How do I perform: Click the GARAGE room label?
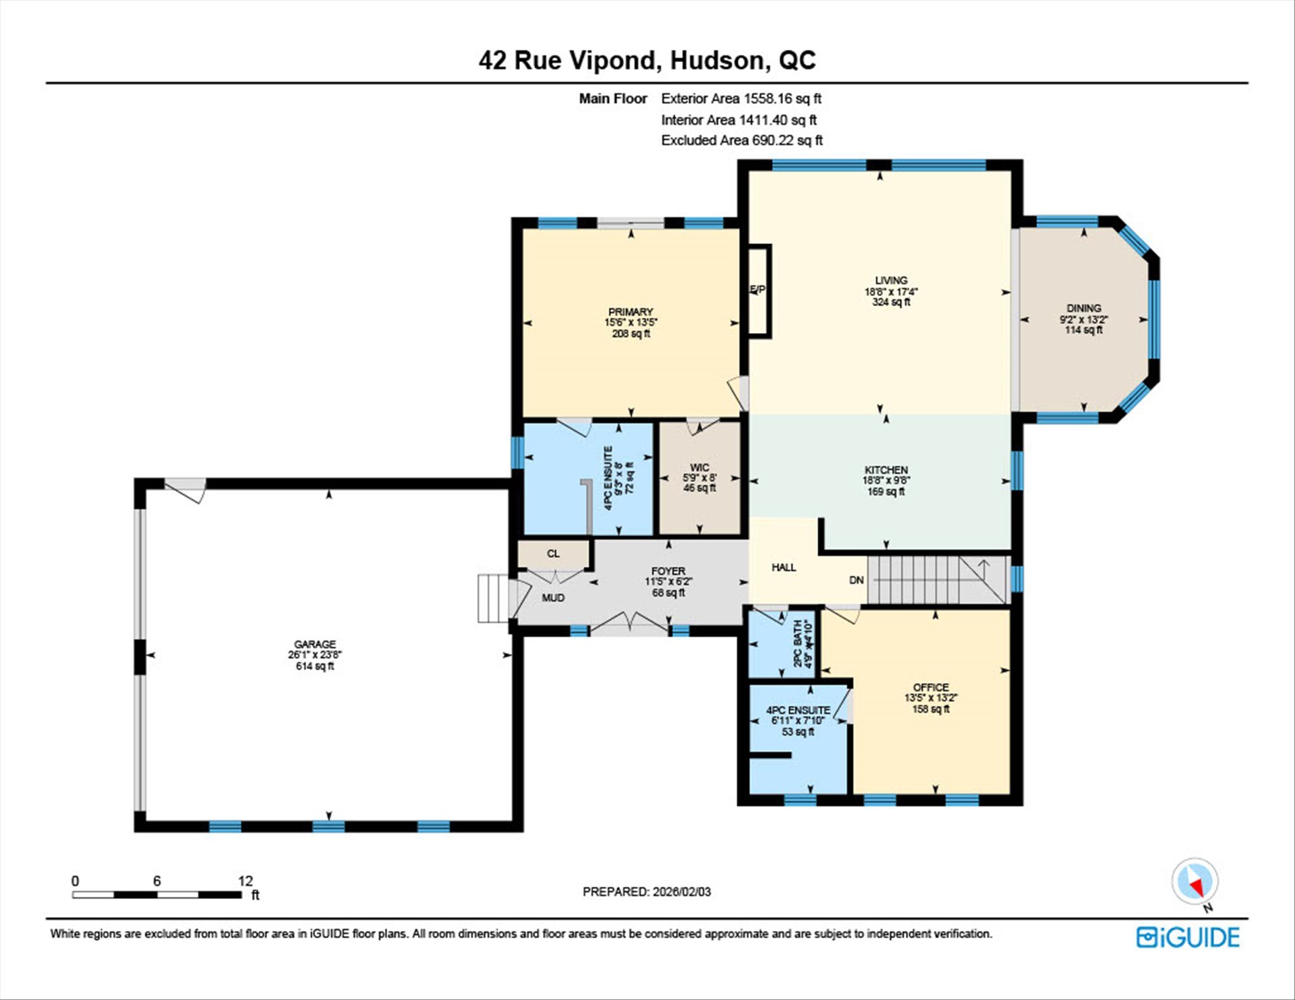tap(314, 644)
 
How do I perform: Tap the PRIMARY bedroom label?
tap(631, 312)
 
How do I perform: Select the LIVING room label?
tap(891, 280)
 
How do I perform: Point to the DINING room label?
tap(1084, 308)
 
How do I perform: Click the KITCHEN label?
tap(886, 470)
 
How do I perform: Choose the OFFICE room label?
tap(931, 687)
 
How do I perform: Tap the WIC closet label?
tap(699, 467)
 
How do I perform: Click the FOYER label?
tap(668, 571)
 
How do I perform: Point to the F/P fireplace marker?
tap(757, 290)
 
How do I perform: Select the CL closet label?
tap(553, 554)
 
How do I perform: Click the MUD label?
tap(553, 597)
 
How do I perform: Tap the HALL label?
tap(784, 568)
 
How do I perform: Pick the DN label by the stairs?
tap(857, 580)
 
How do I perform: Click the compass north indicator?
tap(1195, 882)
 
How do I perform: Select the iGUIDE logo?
tap(1188, 937)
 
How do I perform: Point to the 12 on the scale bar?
tap(246, 881)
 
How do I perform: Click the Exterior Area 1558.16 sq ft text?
tap(741, 98)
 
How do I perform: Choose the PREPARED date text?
tap(647, 891)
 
